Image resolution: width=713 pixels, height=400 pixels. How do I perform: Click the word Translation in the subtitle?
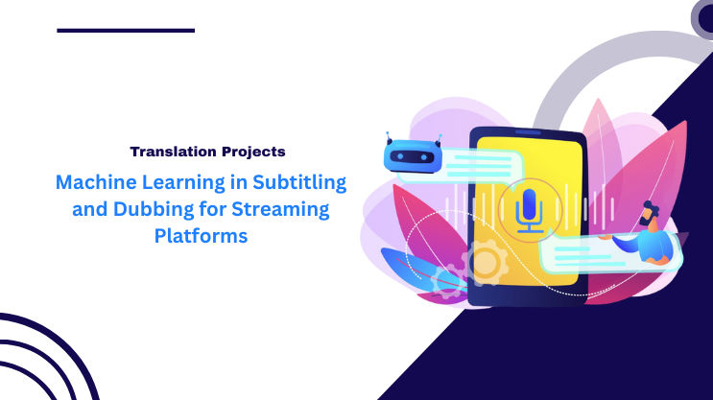(172, 152)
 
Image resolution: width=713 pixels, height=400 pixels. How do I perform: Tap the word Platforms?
(202, 236)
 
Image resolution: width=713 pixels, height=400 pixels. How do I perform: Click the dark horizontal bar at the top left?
(126, 31)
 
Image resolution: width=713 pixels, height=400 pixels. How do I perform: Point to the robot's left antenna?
(389, 136)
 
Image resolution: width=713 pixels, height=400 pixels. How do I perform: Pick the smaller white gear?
(447, 280)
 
